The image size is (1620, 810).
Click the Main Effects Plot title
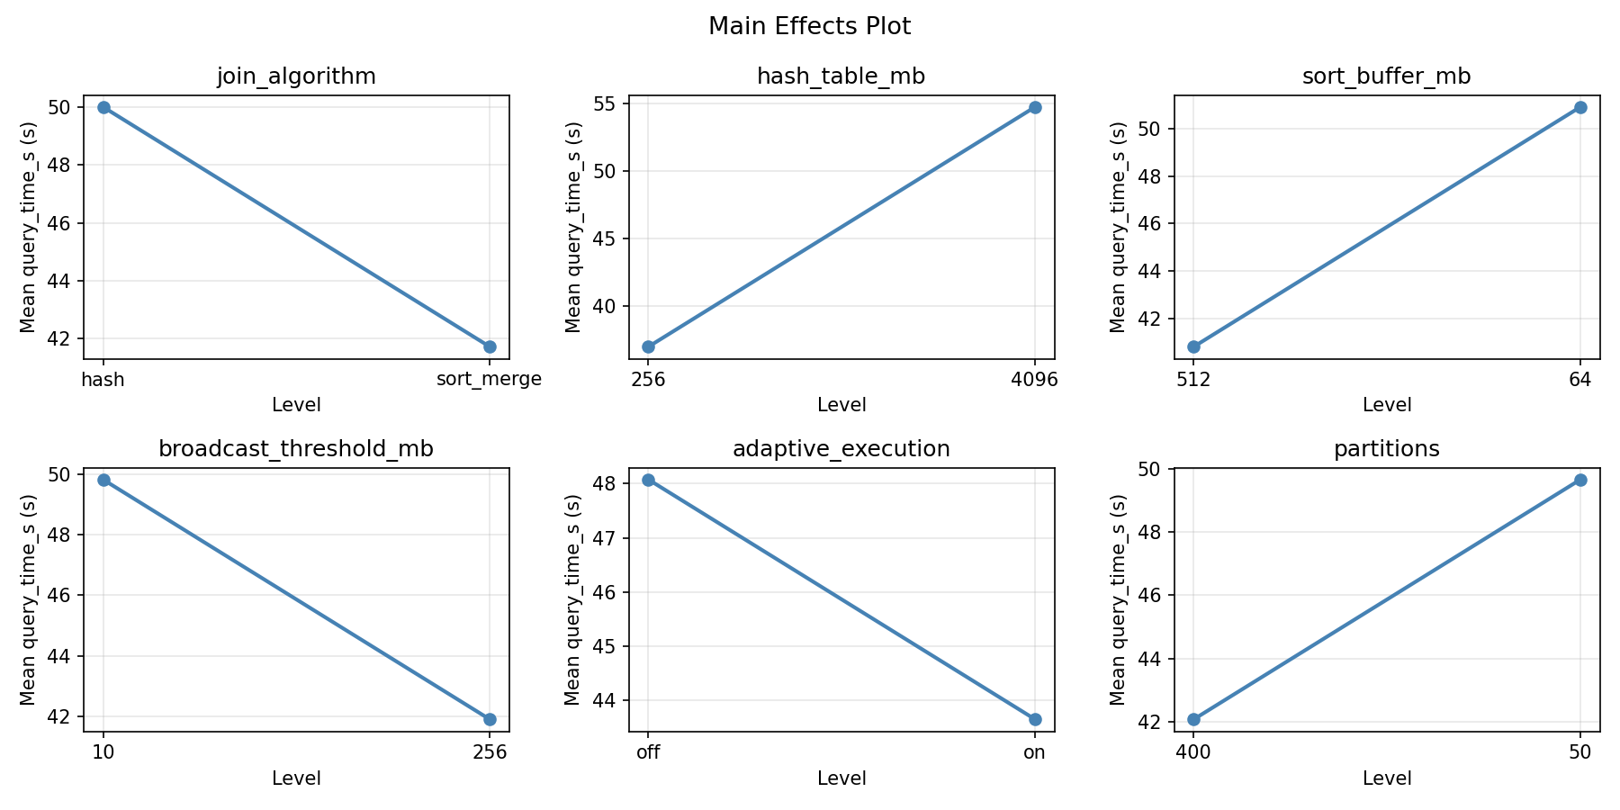pos(809,27)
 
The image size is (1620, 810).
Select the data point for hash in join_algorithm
pos(103,107)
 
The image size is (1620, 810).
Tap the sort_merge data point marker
pos(490,346)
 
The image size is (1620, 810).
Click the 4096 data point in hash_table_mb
pos(1035,107)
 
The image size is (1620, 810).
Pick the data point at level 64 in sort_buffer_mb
pos(1580,107)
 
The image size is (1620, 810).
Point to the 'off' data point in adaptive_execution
pos(648,480)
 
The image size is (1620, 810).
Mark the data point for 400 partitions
pos(1193,719)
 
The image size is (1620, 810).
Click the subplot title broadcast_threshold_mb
pos(296,449)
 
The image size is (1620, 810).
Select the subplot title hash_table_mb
pos(841,76)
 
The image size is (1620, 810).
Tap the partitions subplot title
pos(1386,449)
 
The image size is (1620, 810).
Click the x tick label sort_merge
pos(489,380)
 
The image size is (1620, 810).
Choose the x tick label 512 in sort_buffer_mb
pos(1193,380)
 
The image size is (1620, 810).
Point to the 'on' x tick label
pos(1035,752)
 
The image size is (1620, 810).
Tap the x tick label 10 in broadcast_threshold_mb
pos(103,752)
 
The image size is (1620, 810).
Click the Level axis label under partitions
pos(1386,778)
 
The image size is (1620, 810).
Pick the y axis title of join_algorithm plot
pos(29,227)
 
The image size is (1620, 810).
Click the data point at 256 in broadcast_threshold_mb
pos(490,719)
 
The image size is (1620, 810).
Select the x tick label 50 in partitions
pos(1580,752)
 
